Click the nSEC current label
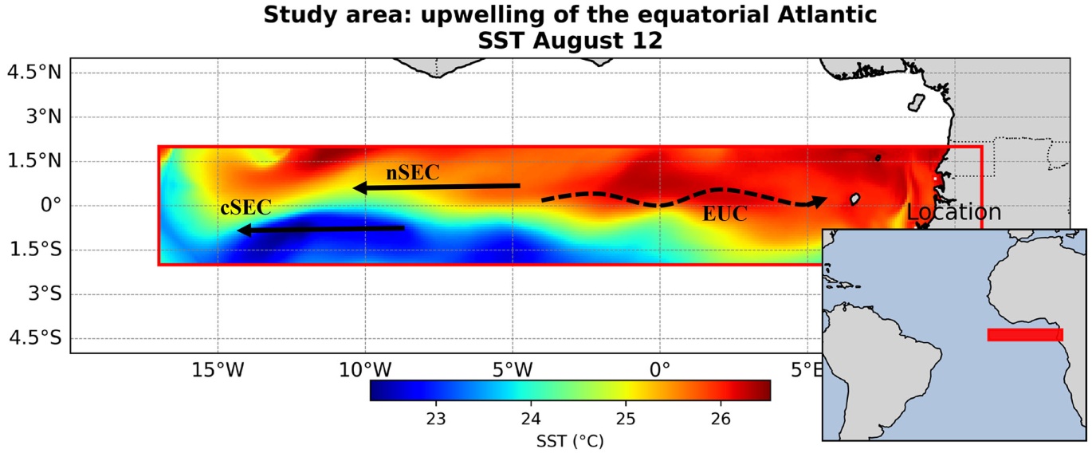click(x=412, y=172)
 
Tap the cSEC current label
click(x=246, y=208)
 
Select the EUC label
click(x=725, y=214)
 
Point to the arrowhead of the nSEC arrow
click(x=360, y=187)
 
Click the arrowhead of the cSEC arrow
click(x=244, y=230)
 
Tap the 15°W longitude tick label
click(x=218, y=371)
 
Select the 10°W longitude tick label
click(x=365, y=371)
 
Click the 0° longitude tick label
click(x=660, y=371)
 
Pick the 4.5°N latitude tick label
click(x=34, y=73)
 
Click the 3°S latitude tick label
click(x=45, y=294)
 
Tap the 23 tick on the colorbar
click(x=436, y=419)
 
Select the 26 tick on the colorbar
click(x=721, y=419)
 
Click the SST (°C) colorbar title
click(x=570, y=441)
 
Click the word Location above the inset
click(x=953, y=212)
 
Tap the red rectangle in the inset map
click(x=1025, y=335)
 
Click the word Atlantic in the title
click(x=827, y=14)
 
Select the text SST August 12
click(x=570, y=41)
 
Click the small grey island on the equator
click(x=854, y=199)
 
